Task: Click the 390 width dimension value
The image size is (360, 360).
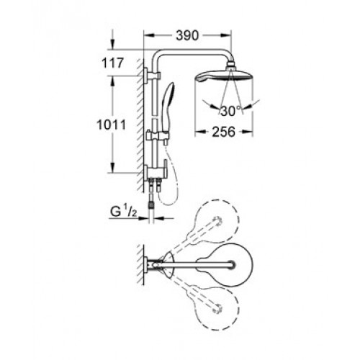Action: tap(187, 36)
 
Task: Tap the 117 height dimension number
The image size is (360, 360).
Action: tap(112, 63)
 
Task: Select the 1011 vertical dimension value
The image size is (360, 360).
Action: tap(111, 125)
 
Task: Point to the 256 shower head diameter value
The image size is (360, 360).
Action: tap(223, 132)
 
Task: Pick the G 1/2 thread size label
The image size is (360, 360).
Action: tap(124, 212)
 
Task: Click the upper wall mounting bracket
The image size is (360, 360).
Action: tap(152, 76)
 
